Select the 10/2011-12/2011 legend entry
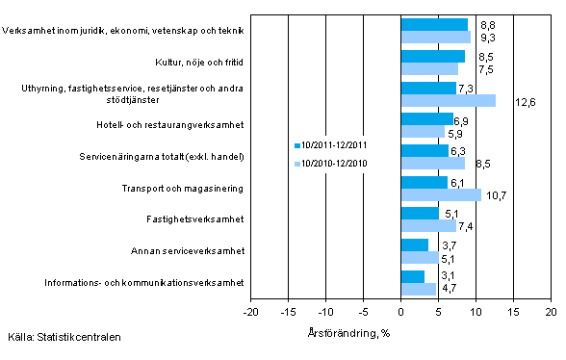point(333,145)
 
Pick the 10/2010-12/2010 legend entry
point(333,165)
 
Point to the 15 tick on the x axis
point(513,312)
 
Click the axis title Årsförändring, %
point(400,333)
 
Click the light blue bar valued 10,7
point(441,194)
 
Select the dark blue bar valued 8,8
point(433,24)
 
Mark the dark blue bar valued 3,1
point(412,276)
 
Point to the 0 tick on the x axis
point(400,312)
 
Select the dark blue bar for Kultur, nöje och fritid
point(432,56)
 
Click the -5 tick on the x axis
point(363,312)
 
